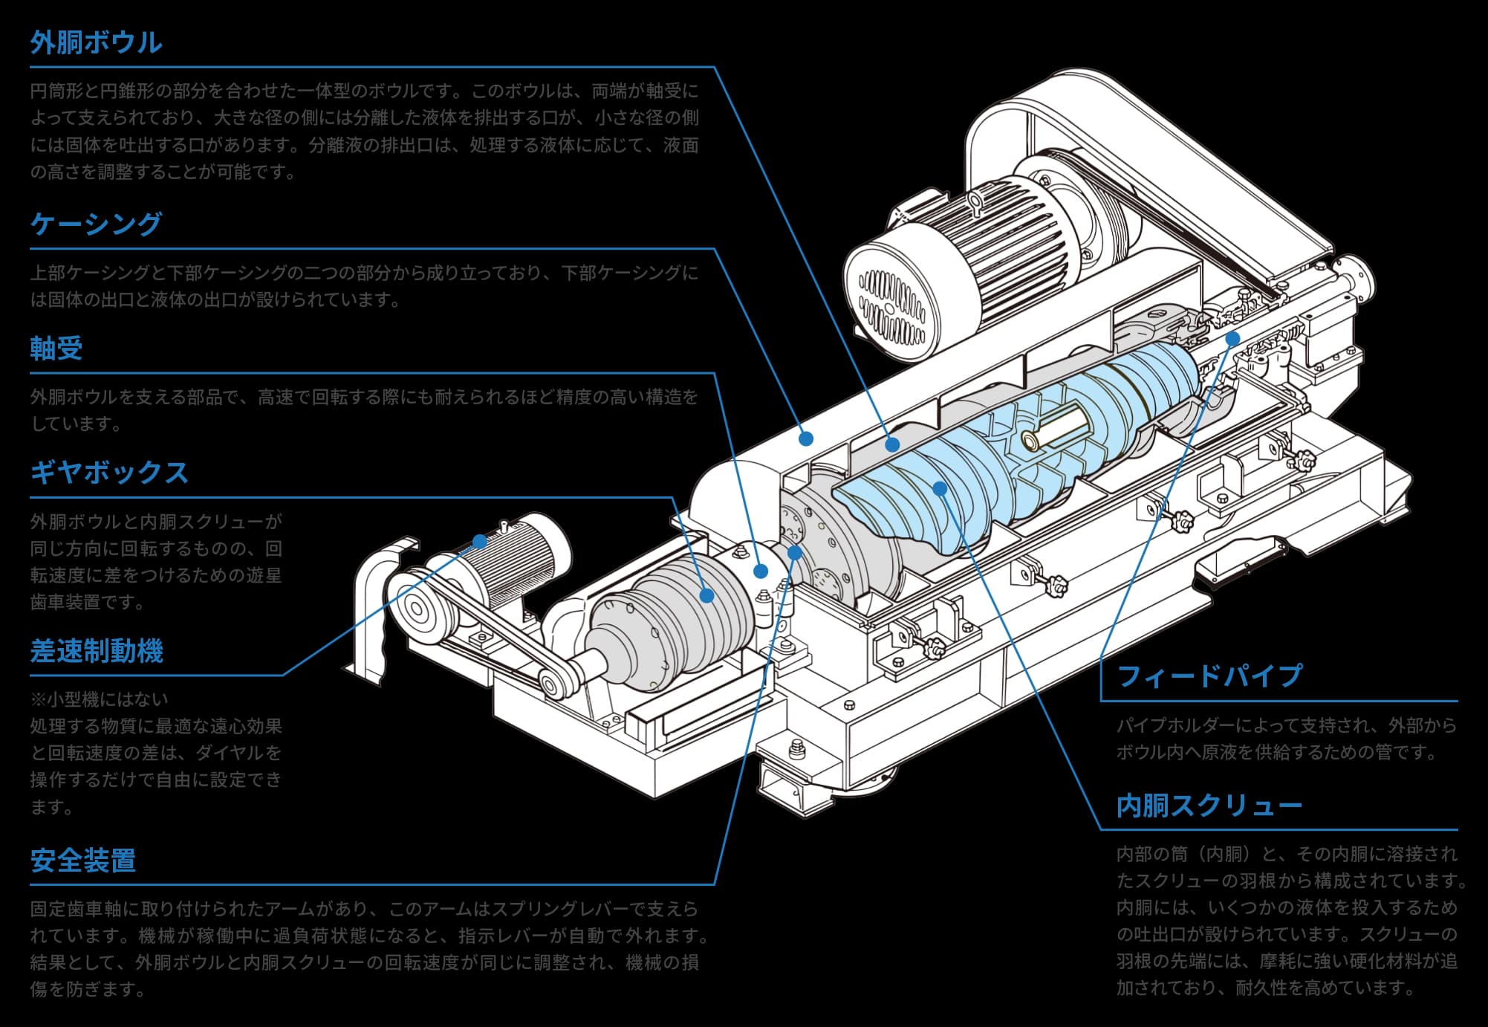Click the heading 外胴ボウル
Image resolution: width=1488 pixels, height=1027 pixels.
(x=96, y=42)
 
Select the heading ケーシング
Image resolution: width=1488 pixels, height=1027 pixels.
(x=96, y=224)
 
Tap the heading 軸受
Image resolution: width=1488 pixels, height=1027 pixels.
(x=56, y=348)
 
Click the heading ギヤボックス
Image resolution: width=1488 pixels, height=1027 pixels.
(x=109, y=473)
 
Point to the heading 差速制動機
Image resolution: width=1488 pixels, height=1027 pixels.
(x=97, y=651)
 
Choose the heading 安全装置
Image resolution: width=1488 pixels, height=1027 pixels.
(x=83, y=860)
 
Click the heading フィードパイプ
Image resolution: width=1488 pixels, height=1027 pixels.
(x=1209, y=676)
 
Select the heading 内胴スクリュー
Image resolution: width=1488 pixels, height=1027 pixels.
(x=1209, y=806)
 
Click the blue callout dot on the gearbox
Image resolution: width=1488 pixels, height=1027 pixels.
(x=706, y=595)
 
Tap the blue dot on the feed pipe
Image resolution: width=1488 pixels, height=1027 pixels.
(x=1232, y=339)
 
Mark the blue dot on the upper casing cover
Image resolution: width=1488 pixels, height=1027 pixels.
(x=805, y=439)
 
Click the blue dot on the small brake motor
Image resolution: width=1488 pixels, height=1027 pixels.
(x=481, y=542)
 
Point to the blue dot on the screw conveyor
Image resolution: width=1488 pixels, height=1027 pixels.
(x=940, y=488)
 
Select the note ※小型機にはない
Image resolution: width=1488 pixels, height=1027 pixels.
(x=100, y=699)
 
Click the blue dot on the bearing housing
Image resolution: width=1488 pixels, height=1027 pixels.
(x=760, y=571)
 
